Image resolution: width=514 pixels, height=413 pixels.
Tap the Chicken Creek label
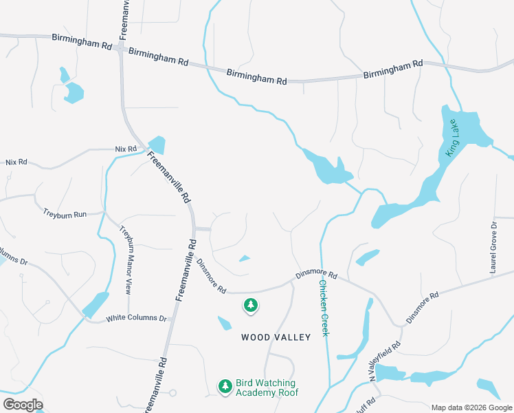tap(324, 308)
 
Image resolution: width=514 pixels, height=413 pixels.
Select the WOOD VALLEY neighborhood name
tap(276, 337)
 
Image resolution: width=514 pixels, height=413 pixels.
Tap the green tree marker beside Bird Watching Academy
tap(225, 387)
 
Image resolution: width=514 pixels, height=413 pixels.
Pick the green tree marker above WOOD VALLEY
tap(251, 305)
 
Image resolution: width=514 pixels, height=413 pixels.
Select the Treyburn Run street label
tap(65, 214)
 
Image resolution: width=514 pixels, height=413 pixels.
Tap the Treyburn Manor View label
tap(126, 260)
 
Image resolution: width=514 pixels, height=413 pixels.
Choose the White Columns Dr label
tap(137, 319)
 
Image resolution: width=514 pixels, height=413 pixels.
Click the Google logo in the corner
tap(23, 404)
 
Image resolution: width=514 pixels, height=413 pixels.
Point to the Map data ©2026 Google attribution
tap(471, 407)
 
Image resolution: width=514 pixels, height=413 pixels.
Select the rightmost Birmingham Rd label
tap(393, 69)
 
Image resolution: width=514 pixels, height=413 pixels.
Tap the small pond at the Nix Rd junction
tap(157, 145)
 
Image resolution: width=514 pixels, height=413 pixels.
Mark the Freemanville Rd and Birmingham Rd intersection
tap(121, 48)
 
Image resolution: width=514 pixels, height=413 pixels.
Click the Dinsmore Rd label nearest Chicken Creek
tap(316, 275)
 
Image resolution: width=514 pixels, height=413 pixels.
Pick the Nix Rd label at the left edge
tap(16, 162)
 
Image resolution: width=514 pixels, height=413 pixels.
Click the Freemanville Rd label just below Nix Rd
tap(168, 178)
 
